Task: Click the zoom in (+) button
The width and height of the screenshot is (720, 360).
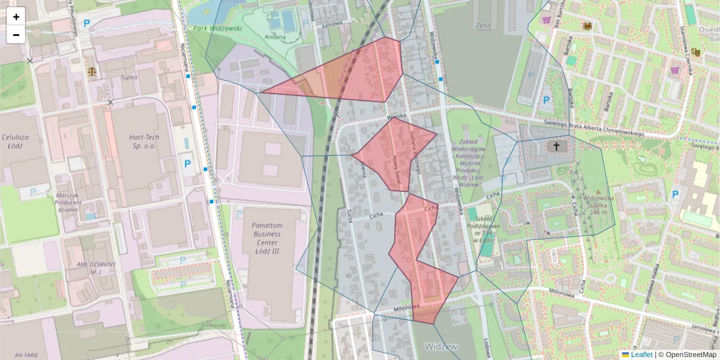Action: click(16, 17)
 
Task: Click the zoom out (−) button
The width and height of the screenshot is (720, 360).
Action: click(16, 35)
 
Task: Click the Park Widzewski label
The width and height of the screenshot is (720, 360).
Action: click(217, 28)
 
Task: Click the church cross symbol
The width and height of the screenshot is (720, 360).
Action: click(556, 146)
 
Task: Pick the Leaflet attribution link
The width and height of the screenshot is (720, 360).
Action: click(641, 355)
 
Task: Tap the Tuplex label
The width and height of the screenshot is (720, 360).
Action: click(129, 77)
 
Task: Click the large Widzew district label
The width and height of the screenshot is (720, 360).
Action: click(441, 347)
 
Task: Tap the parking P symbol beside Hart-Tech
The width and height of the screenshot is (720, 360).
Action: click(187, 163)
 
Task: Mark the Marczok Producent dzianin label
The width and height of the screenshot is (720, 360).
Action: click(68, 202)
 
